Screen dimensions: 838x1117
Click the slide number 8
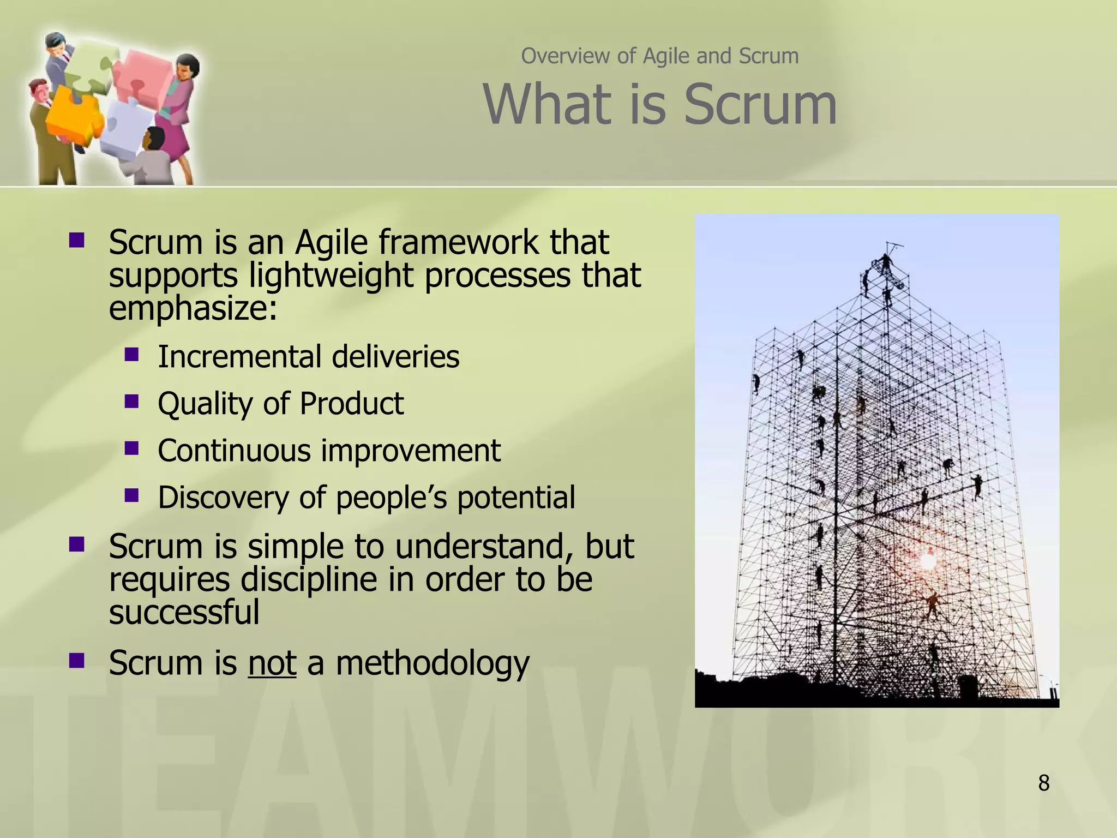tap(1043, 783)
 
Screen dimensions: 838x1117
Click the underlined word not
tap(272, 663)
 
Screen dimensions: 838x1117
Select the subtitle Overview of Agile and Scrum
tap(659, 56)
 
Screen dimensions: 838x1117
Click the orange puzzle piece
tap(74, 115)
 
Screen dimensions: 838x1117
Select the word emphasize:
tap(193, 308)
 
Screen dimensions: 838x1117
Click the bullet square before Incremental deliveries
tap(131, 355)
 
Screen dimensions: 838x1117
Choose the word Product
tap(351, 404)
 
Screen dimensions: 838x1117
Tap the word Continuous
tap(233, 451)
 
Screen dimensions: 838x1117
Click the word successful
tap(184, 612)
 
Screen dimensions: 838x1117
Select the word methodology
tap(432, 663)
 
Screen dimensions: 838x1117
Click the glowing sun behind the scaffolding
tap(928, 560)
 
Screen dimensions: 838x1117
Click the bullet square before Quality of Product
tap(131, 402)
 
